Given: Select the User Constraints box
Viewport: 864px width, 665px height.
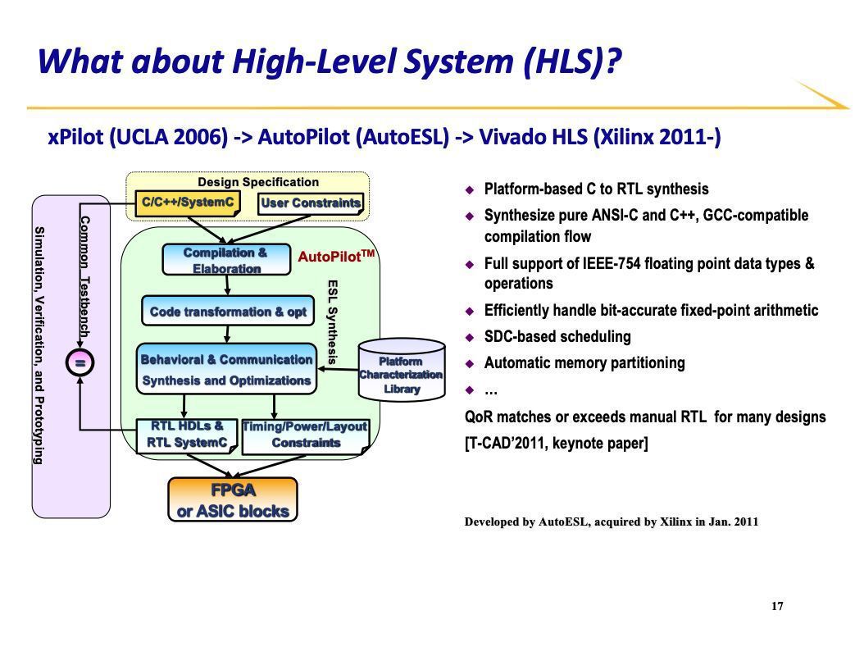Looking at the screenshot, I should (311, 203).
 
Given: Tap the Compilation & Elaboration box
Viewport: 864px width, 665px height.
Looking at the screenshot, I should (226, 261).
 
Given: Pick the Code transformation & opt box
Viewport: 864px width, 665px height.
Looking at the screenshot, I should (227, 312).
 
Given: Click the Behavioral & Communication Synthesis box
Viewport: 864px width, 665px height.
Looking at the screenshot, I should (226, 370).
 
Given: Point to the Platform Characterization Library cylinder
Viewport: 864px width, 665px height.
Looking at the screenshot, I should (402, 374).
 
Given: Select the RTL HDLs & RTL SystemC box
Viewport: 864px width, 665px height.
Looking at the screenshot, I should (187, 435).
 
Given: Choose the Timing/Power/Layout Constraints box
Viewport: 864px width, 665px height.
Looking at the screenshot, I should (305, 435).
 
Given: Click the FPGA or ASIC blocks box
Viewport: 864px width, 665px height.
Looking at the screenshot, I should (233, 500).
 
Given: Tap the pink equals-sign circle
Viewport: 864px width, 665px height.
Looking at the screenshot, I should (80, 361).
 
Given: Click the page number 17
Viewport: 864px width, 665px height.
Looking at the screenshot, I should (777, 607).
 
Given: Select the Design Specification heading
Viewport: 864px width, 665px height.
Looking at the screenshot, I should (258, 182).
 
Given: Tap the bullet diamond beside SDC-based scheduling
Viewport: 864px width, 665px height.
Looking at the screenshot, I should (471, 337).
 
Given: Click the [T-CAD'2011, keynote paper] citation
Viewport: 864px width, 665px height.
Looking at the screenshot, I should (557, 444).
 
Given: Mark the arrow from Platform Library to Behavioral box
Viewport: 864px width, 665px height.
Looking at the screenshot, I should (339, 370).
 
